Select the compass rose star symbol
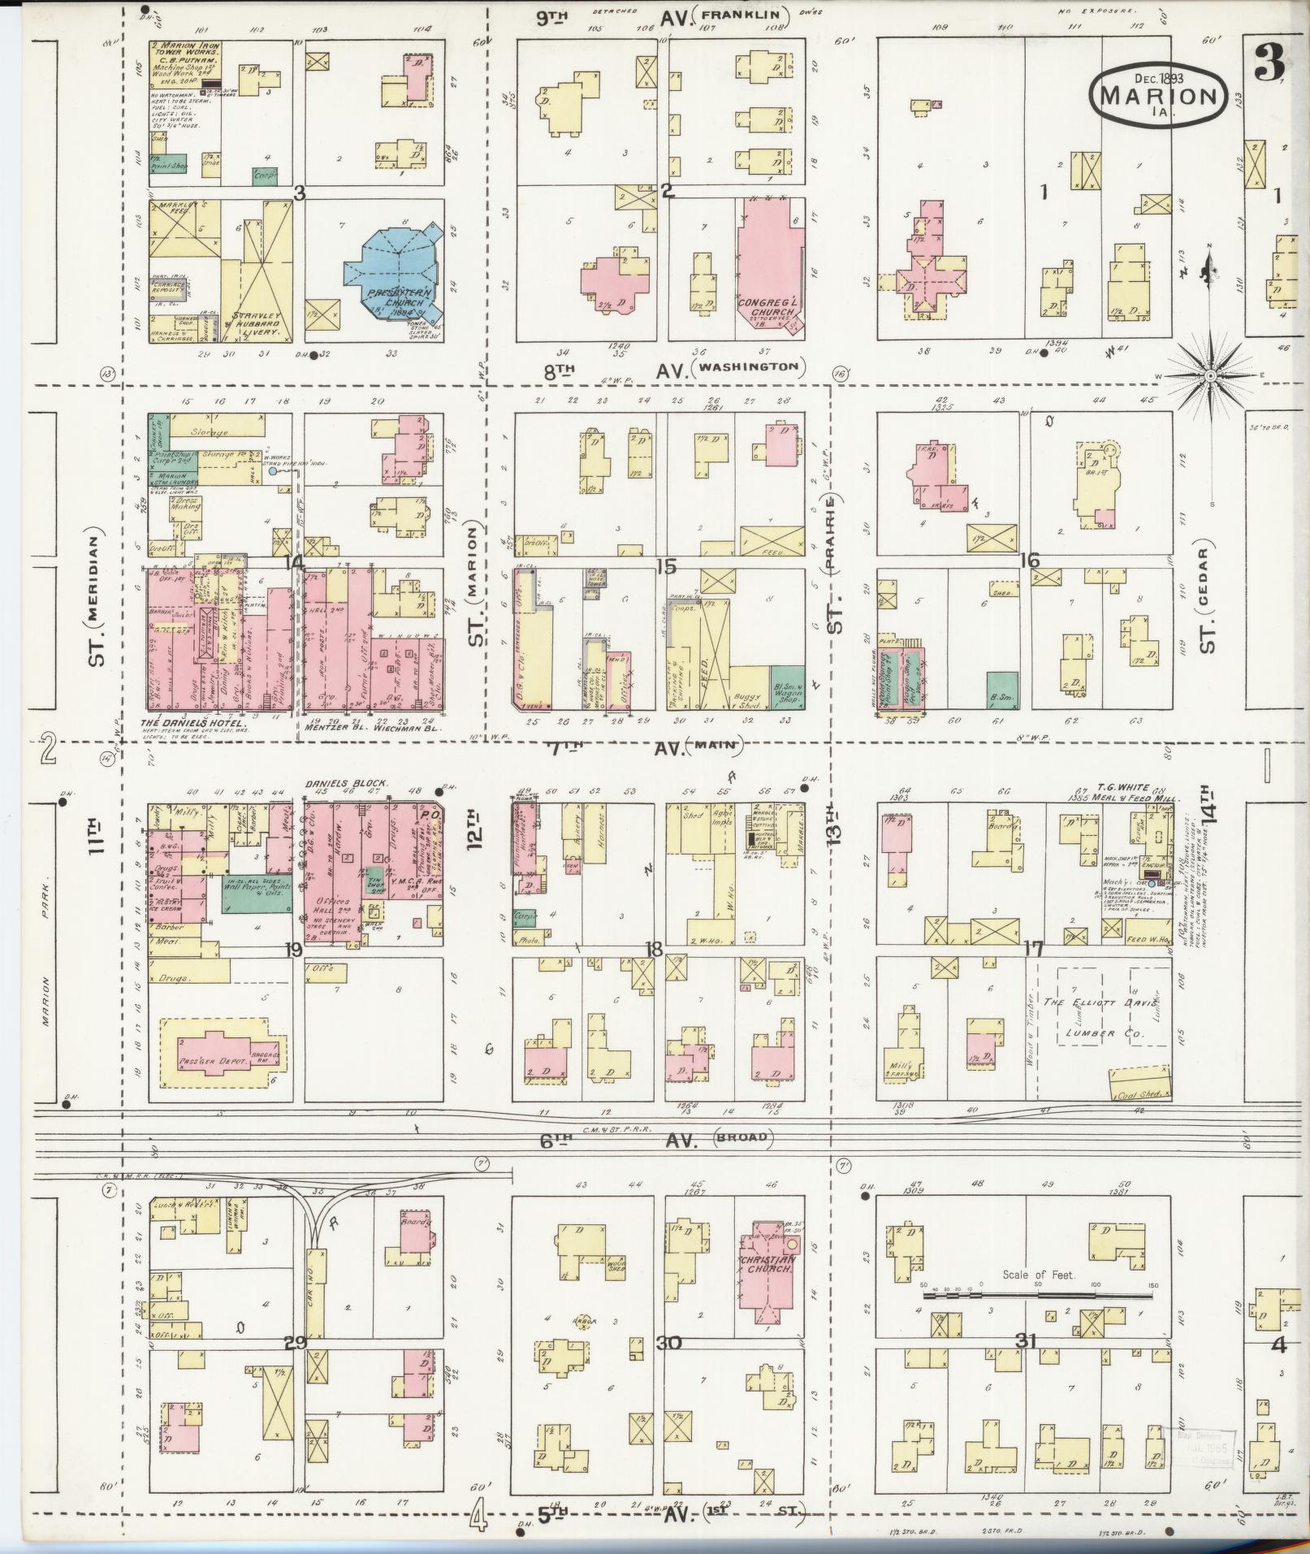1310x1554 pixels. pos(1209,376)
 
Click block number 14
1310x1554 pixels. pos(293,561)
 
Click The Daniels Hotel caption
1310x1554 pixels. pos(193,723)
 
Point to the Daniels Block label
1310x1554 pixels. pos(346,783)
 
